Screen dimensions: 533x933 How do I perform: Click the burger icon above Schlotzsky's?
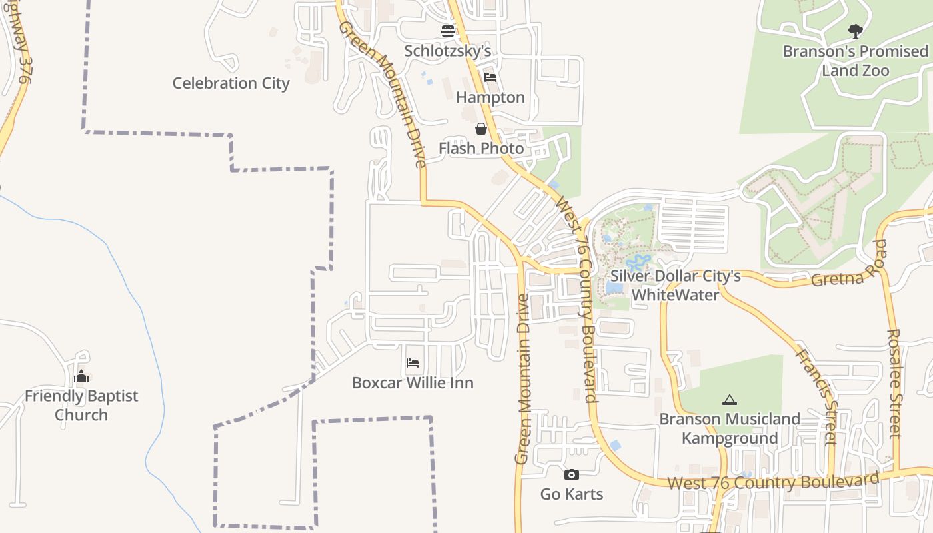(x=448, y=31)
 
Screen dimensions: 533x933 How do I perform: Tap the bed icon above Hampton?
(x=490, y=77)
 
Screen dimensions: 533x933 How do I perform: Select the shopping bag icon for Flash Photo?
(x=481, y=129)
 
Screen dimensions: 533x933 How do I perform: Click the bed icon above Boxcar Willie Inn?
(x=413, y=363)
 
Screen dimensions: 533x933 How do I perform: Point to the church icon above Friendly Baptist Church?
(x=81, y=377)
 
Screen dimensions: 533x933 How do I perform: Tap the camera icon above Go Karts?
(x=571, y=474)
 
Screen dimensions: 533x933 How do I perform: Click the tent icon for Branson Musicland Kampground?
(x=730, y=400)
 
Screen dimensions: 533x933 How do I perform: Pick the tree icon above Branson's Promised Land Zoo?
(x=855, y=31)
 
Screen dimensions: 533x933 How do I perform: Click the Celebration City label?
(x=231, y=83)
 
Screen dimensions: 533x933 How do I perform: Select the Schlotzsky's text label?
(x=448, y=51)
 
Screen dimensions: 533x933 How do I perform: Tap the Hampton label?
(x=490, y=97)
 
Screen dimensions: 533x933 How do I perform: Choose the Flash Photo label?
(x=481, y=148)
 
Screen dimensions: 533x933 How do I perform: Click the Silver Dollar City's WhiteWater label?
(x=676, y=285)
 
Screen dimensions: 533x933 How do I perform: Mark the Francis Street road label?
(x=816, y=397)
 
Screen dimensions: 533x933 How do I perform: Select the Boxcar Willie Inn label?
(x=413, y=383)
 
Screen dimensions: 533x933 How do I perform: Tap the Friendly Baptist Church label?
(x=81, y=405)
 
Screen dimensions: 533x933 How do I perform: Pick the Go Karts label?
(x=572, y=494)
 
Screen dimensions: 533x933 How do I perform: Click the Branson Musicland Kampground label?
(x=730, y=428)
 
